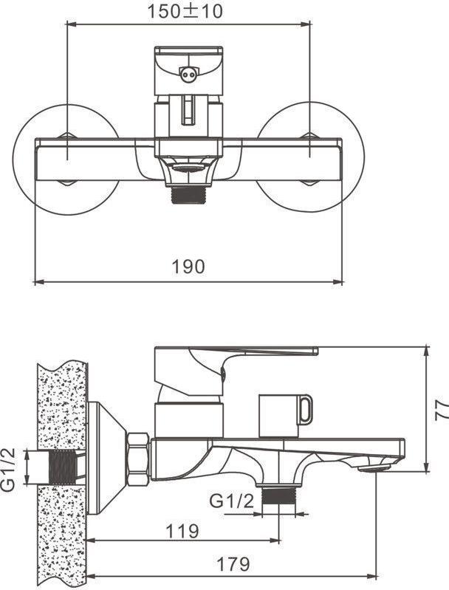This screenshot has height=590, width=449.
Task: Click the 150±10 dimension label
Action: coord(185,11)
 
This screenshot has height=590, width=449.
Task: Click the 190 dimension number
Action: coord(188,267)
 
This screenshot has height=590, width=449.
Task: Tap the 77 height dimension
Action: coord(442,409)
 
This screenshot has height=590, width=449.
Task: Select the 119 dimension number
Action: coord(182,532)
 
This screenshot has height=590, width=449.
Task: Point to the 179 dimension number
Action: coord(233,564)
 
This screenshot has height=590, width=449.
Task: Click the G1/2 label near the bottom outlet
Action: coord(231,501)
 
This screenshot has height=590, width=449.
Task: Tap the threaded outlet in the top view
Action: coord(188,194)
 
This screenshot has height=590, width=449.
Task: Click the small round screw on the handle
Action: coord(188,75)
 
